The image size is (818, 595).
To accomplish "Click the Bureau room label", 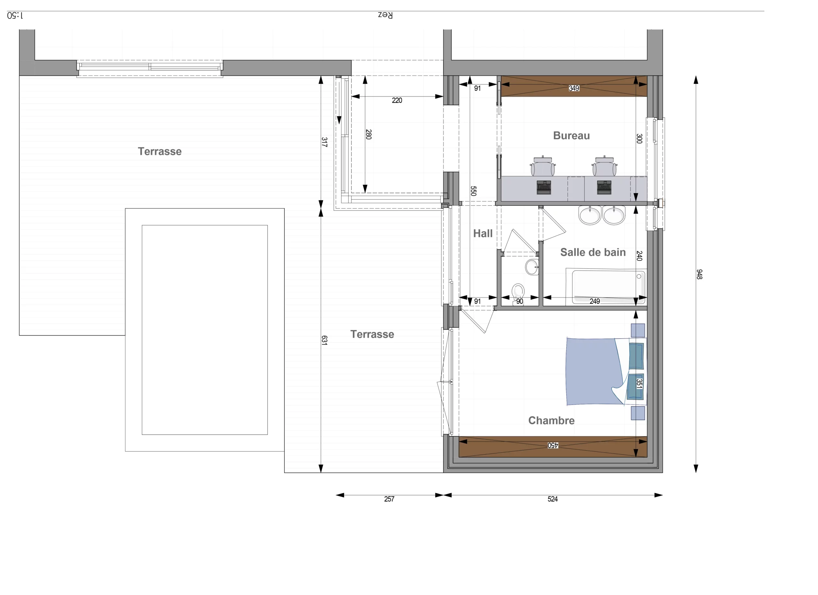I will (571, 136).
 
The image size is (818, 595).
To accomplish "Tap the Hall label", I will (482, 234).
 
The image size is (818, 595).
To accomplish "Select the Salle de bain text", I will (593, 252).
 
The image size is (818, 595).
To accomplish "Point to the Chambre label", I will (551, 421).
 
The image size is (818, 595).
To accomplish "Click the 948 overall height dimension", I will (699, 274).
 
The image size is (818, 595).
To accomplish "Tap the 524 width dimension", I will (552, 499).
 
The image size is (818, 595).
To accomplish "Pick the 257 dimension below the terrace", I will (389, 499).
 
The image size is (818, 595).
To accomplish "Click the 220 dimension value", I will (397, 101).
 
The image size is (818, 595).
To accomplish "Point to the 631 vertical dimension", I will (324, 340).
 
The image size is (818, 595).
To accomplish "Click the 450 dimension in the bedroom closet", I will (553, 446).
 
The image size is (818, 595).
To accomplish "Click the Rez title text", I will (385, 15).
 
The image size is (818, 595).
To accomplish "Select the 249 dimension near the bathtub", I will (595, 301).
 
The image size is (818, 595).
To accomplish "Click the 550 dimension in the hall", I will (474, 191).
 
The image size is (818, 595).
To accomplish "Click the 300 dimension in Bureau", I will (639, 139).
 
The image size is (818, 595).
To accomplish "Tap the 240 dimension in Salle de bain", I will (639, 256).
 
